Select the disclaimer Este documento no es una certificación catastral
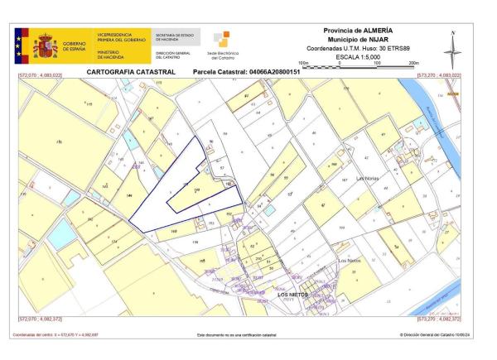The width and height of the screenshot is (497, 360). [236, 335]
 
